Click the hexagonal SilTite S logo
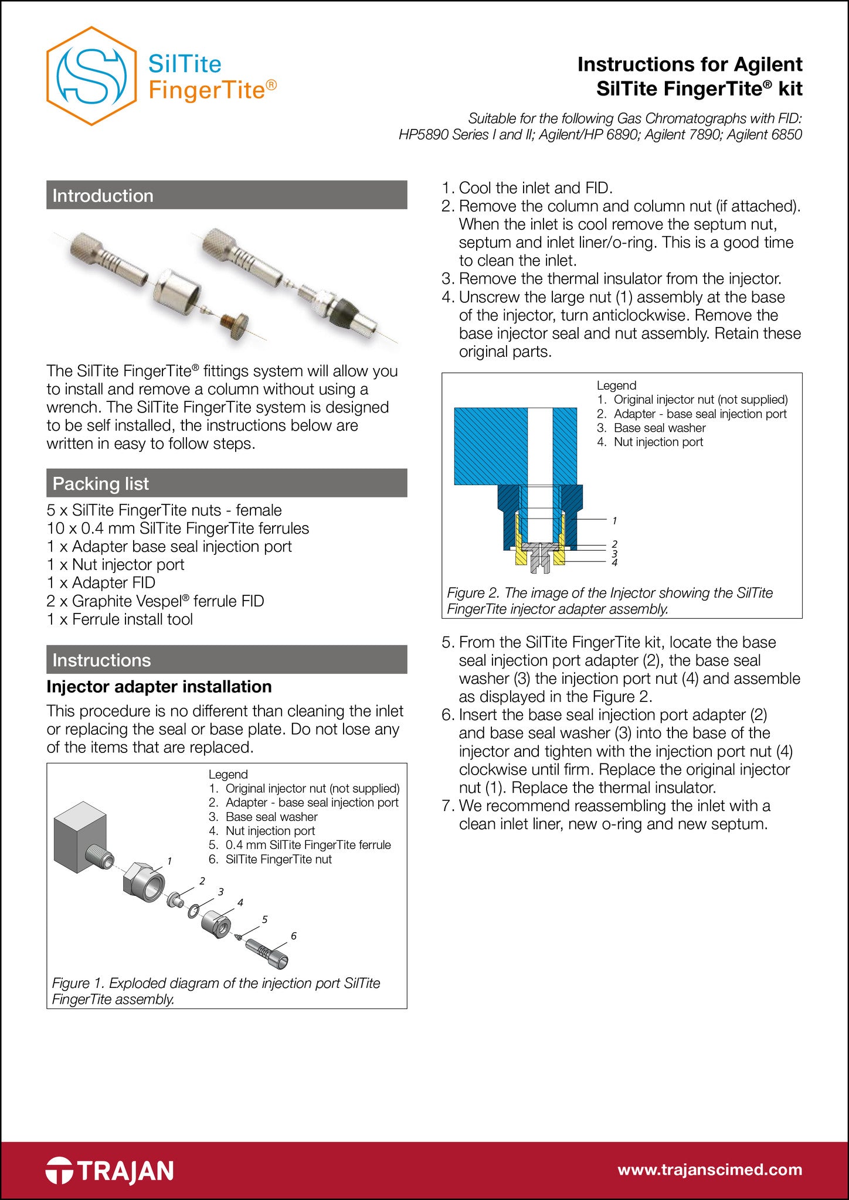tap(91, 76)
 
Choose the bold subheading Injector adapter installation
tap(159, 687)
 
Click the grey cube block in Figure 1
tap(79, 841)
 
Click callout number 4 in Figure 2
tap(614, 562)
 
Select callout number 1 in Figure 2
tap(614, 520)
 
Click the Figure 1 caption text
tap(216, 991)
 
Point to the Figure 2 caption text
tap(610, 601)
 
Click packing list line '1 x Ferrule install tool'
tap(120, 619)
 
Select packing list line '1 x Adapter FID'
tap(101, 583)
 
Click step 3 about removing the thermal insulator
tap(619, 279)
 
